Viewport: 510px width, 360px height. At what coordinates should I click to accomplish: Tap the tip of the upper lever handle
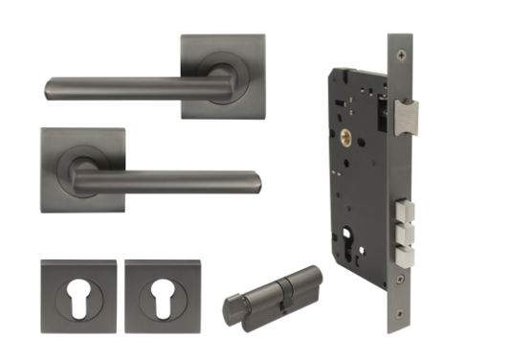pyautogui.click(x=48, y=93)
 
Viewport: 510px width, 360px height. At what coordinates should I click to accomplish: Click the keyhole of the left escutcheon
pyautogui.click(x=78, y=291)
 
